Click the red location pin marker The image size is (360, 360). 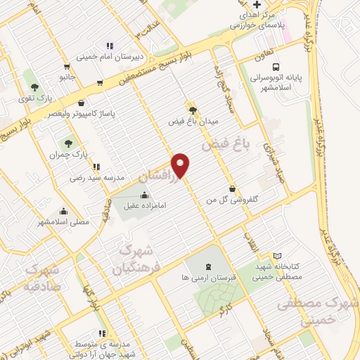[x=181, y=164]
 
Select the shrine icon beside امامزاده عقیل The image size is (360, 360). [x=145, y=195]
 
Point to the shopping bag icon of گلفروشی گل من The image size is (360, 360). [x=233, y=188]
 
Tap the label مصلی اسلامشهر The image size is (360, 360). [x=64, y=221]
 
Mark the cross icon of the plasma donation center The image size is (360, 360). [x=257, y=5]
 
